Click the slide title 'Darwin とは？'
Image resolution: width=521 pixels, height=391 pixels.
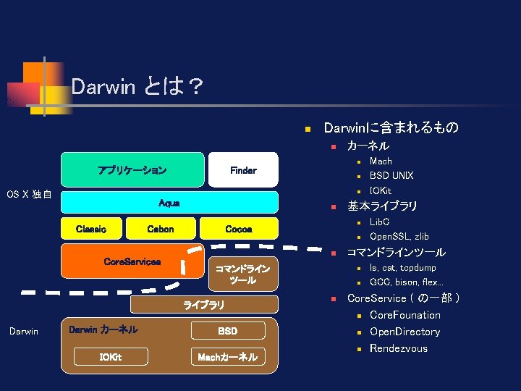tap(137, 88)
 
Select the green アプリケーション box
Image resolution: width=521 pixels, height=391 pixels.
tap(132, 171)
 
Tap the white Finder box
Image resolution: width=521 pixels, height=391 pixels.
tap(243, 171)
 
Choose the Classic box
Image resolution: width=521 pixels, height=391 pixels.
tap(91, 229)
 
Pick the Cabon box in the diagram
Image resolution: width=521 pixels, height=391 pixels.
tap(160, 229)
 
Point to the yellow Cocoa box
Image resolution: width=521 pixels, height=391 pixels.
tap(239, 229)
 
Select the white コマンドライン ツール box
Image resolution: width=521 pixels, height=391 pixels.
tap(243, 274)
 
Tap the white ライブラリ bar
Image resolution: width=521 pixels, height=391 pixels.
tap(204, 306)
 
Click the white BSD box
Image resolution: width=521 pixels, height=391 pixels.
tap(228, 331)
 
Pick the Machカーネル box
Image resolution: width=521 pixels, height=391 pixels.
tap(228, 357)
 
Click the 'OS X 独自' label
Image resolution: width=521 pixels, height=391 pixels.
tap(29, 195)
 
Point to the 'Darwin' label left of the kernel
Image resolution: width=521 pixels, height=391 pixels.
tap(23, 332)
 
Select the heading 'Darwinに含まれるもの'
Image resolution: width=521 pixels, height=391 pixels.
tap(391, 128)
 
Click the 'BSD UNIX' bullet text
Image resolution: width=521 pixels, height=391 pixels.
tap(391, 176)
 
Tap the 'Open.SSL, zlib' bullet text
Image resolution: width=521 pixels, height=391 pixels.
tap(399, 237)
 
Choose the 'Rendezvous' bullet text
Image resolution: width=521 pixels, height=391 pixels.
tap(398, 348)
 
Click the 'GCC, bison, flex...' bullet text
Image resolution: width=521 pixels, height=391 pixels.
tap(406, 282)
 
